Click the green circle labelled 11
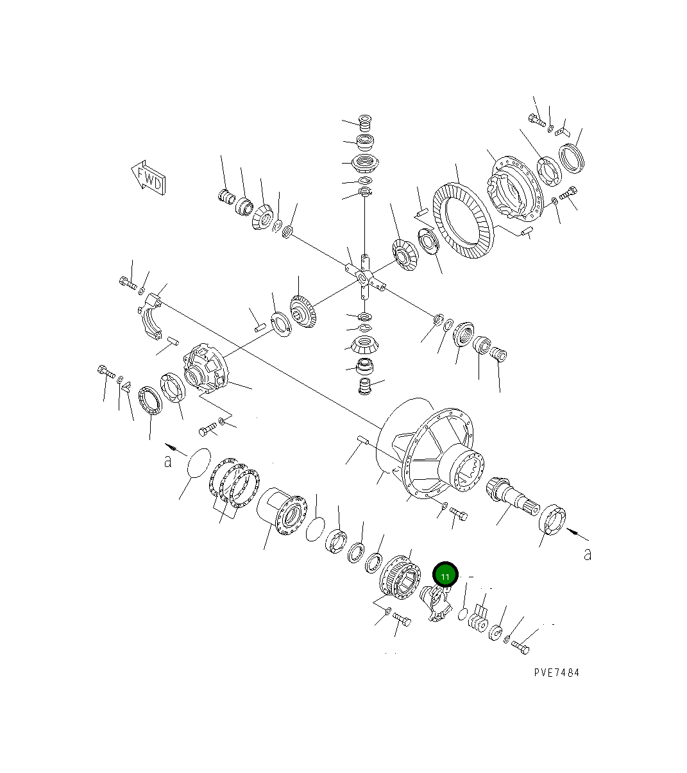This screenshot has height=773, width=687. [445, 575]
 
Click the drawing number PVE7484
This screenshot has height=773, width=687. [556, 672]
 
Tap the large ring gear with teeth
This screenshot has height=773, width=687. [464, 221]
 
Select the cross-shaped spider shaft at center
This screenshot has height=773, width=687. [364, 277]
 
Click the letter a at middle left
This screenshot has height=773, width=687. [168, 460]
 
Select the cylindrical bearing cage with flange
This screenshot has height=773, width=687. [281, 511]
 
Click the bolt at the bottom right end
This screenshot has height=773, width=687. [520, 647]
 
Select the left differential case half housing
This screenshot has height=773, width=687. [205, 371]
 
